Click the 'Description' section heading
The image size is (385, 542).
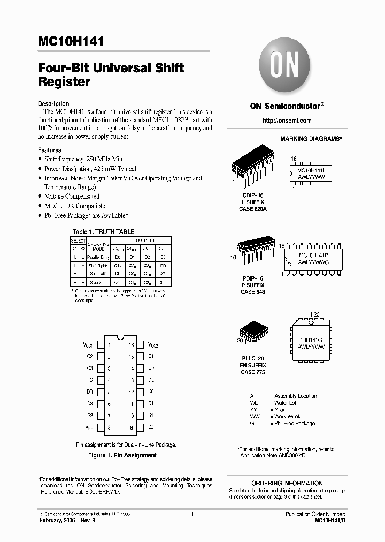click(x=53, y=104)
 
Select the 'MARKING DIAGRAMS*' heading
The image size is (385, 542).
click(x=311, y=139)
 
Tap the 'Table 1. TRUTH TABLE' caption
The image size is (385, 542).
click(x=103, y=232)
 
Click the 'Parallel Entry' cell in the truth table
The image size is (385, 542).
click(x=98, y=257)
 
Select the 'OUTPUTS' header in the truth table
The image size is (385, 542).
click(x=144, y=241)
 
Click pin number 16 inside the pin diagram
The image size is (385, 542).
click(x=130, y=346)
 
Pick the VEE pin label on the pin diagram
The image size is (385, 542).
click(x=88, y=428)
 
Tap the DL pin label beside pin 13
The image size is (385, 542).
click(x=151, y=379)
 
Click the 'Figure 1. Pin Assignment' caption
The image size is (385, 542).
click(x=122, y=455)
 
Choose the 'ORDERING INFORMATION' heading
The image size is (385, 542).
click(x=287, y=483)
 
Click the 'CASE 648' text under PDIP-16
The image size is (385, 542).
click(x=252, y=292)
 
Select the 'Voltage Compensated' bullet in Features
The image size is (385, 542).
click(x=72, y=197)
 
